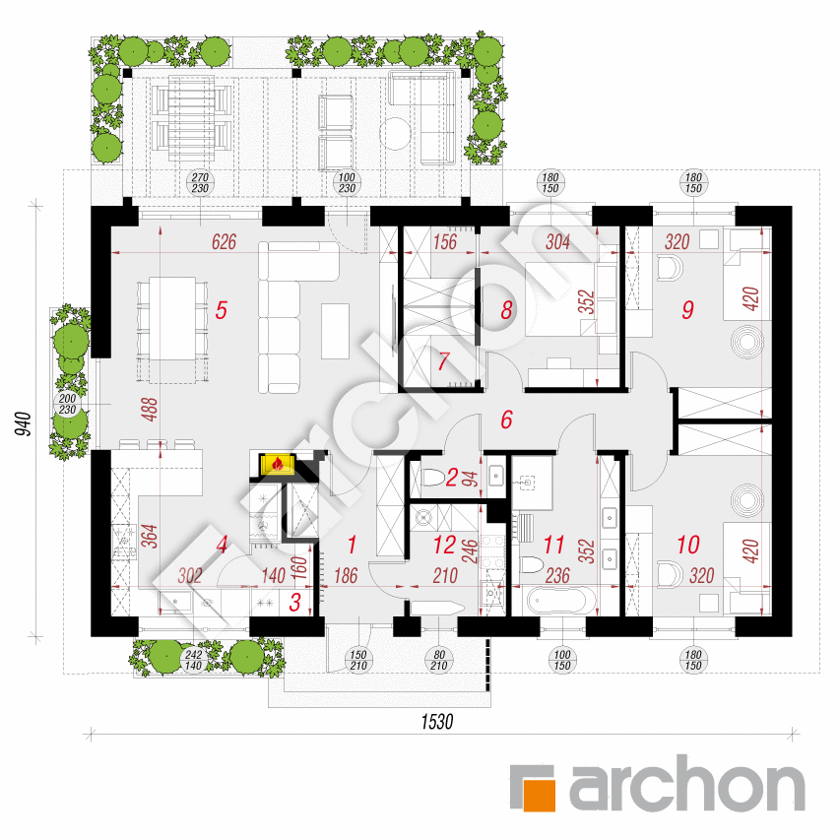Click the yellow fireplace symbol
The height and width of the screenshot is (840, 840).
click(x=277, y=464)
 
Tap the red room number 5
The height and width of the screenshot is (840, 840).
click(x=222, y=310)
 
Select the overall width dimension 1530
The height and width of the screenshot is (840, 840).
click(x=437, y=722)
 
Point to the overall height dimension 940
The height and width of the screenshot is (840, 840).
click(x=23, y=423)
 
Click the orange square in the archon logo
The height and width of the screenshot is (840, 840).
click(x=539, y=796)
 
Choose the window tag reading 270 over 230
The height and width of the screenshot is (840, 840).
click(x=200, y=183)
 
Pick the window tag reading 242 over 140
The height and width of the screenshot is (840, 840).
click(x=193, y=660)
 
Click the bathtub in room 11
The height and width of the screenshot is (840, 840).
click(x=561, y=601)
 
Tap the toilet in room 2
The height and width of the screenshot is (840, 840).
click(x=431, y=478)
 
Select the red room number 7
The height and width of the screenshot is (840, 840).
click(x=443, y=361)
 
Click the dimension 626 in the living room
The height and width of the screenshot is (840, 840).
click(x=224, y=242)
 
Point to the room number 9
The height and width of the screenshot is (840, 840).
click(x=688, y=309)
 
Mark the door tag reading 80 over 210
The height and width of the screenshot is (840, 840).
click(x=439, y=660)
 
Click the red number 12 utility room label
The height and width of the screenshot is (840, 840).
click(x=445, y=545)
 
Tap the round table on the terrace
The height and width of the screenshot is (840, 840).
click(x=395, y=133)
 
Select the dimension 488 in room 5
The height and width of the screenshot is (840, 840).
click(x=152, y=410)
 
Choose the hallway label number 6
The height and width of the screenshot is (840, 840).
click(x=507, y=420)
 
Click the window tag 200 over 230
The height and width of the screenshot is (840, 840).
click(x=68, y=404)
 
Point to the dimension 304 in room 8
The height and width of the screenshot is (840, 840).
click(x=557, y=242)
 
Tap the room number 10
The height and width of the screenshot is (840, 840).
click(x=688, y=545)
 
